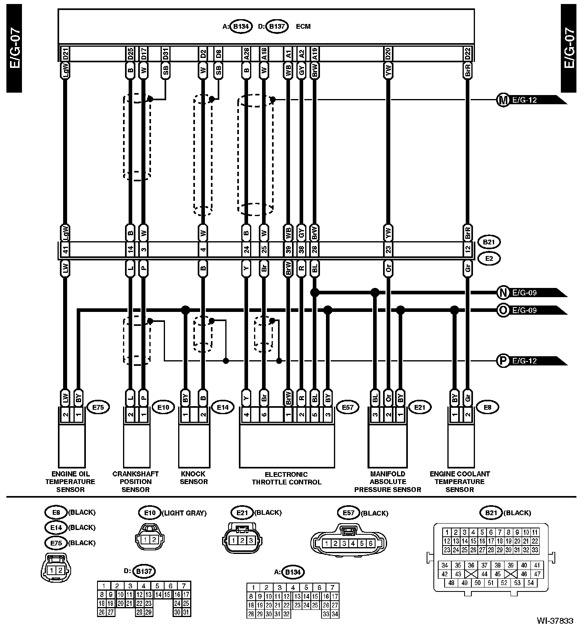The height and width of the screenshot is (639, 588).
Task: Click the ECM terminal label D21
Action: (66, 53)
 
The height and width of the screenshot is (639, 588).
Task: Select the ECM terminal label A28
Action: (246, 53)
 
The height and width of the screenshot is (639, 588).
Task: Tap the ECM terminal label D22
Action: (467, 53)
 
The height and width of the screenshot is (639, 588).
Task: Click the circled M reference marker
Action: (502, 100)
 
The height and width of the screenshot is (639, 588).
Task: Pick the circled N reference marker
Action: (502, 293)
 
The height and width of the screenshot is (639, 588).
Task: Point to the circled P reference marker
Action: (502, 361)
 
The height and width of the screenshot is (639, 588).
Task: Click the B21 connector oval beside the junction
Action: (489, 242)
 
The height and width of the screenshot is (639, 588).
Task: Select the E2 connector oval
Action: (489, 258)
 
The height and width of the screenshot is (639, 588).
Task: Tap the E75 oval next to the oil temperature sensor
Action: (98, 408)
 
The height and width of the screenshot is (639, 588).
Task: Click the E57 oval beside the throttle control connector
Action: (348, 408)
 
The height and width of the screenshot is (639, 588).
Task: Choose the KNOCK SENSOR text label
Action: (193, 478)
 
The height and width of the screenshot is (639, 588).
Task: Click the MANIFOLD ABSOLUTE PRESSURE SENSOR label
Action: (387, 482)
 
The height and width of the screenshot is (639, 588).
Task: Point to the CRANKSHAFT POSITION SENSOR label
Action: (135, 482)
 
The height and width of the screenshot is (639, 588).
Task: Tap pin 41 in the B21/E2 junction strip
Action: (66, 250)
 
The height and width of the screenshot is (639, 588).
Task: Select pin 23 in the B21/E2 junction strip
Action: (388, 250)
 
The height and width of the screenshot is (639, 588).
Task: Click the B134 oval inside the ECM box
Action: (241, 26)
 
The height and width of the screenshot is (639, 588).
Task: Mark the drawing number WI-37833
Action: (555, 621)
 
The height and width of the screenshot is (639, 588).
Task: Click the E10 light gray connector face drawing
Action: (149, 540)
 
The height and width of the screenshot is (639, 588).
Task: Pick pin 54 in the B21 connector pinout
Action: (530, 583)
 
